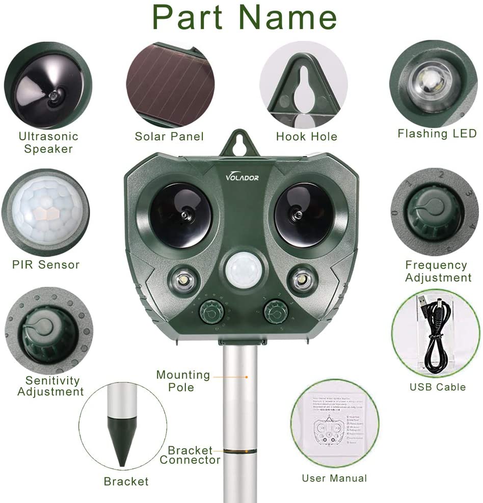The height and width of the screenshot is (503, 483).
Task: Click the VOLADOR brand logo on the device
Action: click(x=243, y=177)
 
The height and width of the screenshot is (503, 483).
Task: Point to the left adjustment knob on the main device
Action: click(x=209, y=311)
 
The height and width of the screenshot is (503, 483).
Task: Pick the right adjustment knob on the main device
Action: click(x=275, y=311)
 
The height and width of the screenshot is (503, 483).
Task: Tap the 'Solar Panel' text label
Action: click(x=169, y=136)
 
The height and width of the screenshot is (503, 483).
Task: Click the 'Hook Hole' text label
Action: click(x=306, y=136)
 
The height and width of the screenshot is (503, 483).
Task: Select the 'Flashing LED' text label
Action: click(x=437, y=134)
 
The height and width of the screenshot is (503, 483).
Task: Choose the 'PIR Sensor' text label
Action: click(x=46, y=264)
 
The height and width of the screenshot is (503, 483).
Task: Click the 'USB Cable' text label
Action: click(x=437, y=387)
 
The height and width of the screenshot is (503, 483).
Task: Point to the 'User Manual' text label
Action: click(x=334, y=478)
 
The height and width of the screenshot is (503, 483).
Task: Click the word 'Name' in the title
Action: click(x=288, y=17)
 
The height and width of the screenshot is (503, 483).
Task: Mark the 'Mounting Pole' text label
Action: click(x=183, y=381)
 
